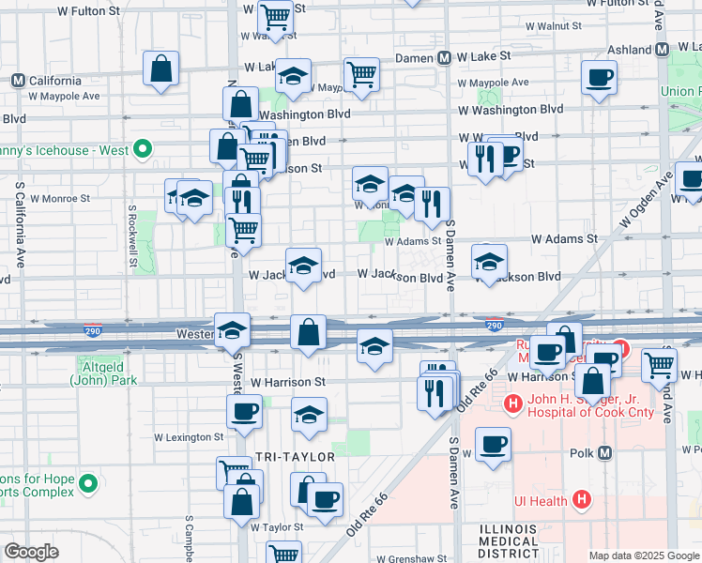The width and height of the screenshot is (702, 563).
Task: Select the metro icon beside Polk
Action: tap(604, 452)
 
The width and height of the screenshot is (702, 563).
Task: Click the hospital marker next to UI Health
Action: tap(582, 500)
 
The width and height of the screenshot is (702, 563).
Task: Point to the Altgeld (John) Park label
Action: tap(103, 373)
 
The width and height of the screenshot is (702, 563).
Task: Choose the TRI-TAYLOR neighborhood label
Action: tap(295, 456)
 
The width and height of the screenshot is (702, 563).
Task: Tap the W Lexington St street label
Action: tap(189, 437)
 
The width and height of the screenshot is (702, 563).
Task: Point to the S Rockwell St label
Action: tap(132, 234)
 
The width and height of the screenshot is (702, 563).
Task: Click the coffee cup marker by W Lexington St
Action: tap(244, 410)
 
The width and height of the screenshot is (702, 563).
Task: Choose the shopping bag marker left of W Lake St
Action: tap(161, 68)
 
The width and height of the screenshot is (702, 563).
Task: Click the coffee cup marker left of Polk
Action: tap(493, 443)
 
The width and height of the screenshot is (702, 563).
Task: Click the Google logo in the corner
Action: tap(31, 552)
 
